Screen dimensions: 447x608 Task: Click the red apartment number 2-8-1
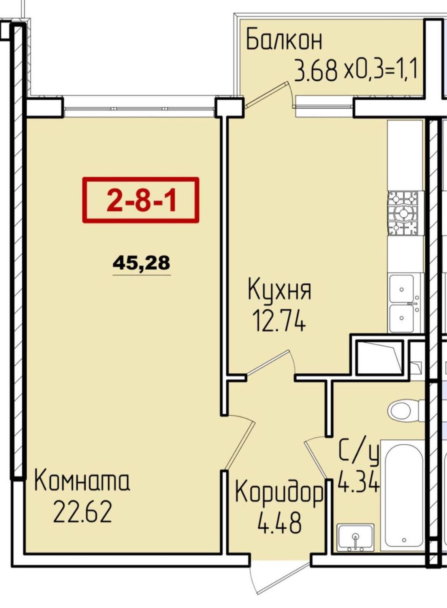[141, 200]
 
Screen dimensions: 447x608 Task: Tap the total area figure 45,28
[141, 263]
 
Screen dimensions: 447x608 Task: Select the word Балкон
[284, 40]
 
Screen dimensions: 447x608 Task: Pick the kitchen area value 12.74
[279, 322]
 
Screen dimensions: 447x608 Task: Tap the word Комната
[82, 481]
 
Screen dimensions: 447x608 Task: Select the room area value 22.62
[83, 511]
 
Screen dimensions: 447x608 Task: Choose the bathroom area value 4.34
[358, 481]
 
